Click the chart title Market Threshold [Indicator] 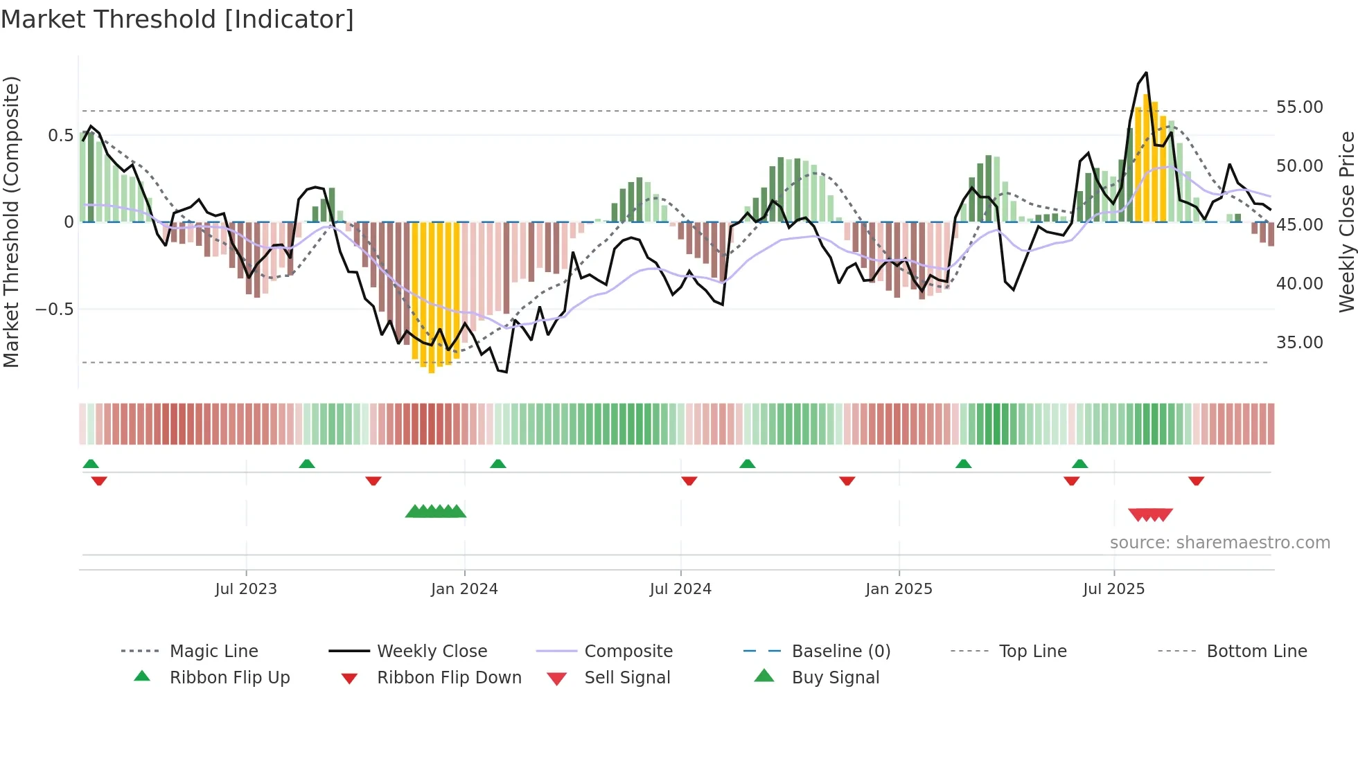(177, 19)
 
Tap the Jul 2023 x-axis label (246, 589)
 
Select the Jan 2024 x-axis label (464, 589)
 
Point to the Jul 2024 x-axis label (680, 589)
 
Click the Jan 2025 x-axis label (899, 589)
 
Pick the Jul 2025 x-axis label (1113, 589)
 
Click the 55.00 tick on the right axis (1299, 107)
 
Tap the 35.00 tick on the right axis (1299, 343)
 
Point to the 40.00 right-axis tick (1299, 284)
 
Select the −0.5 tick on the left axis (55, 309)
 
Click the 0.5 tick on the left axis (60, 136)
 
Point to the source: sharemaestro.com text (1219, 543)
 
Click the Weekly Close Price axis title (1346, 222)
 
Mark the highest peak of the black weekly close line (1146, 73)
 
